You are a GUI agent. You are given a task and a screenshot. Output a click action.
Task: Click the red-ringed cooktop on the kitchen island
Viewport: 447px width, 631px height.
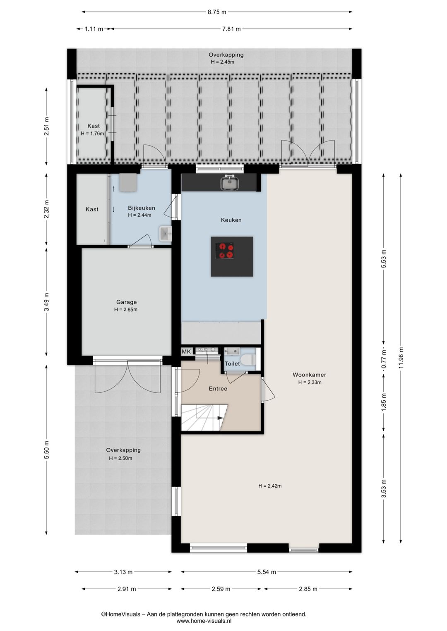click(x=225, y=251)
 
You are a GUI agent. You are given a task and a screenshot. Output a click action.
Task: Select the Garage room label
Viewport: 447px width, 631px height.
click(x=126, y=302)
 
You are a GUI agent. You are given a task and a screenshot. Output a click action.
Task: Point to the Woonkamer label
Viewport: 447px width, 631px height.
click(x=309, y=375)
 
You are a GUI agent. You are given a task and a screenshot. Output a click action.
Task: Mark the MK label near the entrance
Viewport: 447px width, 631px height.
click(x=186, y=351)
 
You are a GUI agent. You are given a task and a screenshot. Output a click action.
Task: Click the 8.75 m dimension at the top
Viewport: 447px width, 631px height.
click(x=216, y=12)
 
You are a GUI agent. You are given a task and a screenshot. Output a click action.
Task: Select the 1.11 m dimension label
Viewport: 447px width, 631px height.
click(x=94, y=29)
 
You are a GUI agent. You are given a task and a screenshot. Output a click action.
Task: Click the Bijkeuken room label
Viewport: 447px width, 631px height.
click(x=142, y=208)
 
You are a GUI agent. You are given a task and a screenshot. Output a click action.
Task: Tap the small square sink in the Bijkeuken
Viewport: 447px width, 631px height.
click(x=165, y=233)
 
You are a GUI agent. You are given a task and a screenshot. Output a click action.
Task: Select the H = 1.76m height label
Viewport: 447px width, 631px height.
click(x=92, y=134)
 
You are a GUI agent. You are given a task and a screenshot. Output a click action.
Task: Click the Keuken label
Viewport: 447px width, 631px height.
click(x=231, y=220)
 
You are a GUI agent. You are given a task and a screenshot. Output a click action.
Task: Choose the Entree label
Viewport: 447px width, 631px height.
click(x=218, y=388)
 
